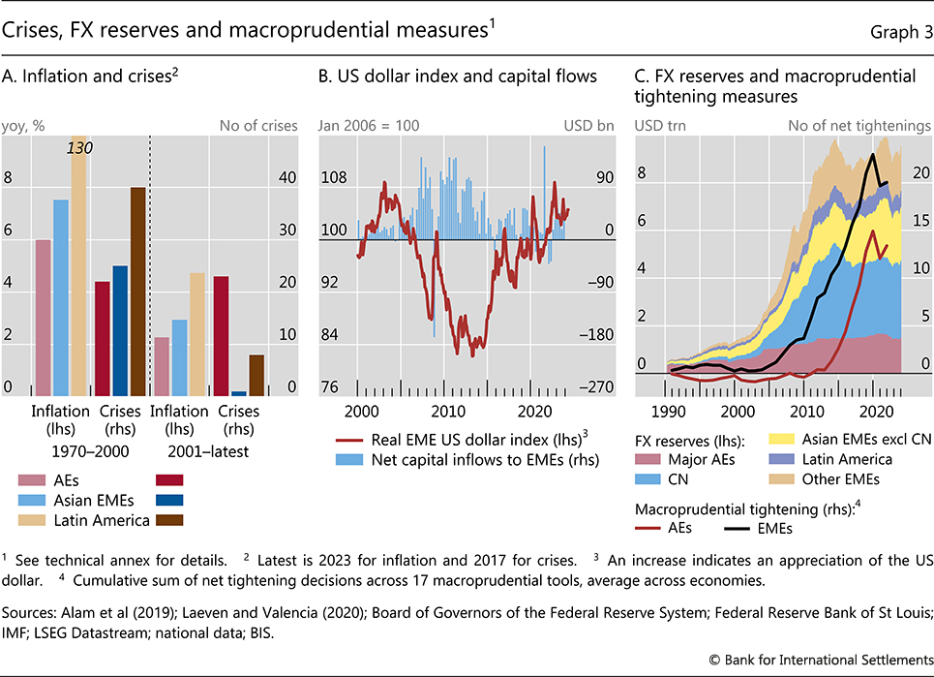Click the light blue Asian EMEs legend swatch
coord(33,500)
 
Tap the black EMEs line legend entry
coord(761,529)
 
